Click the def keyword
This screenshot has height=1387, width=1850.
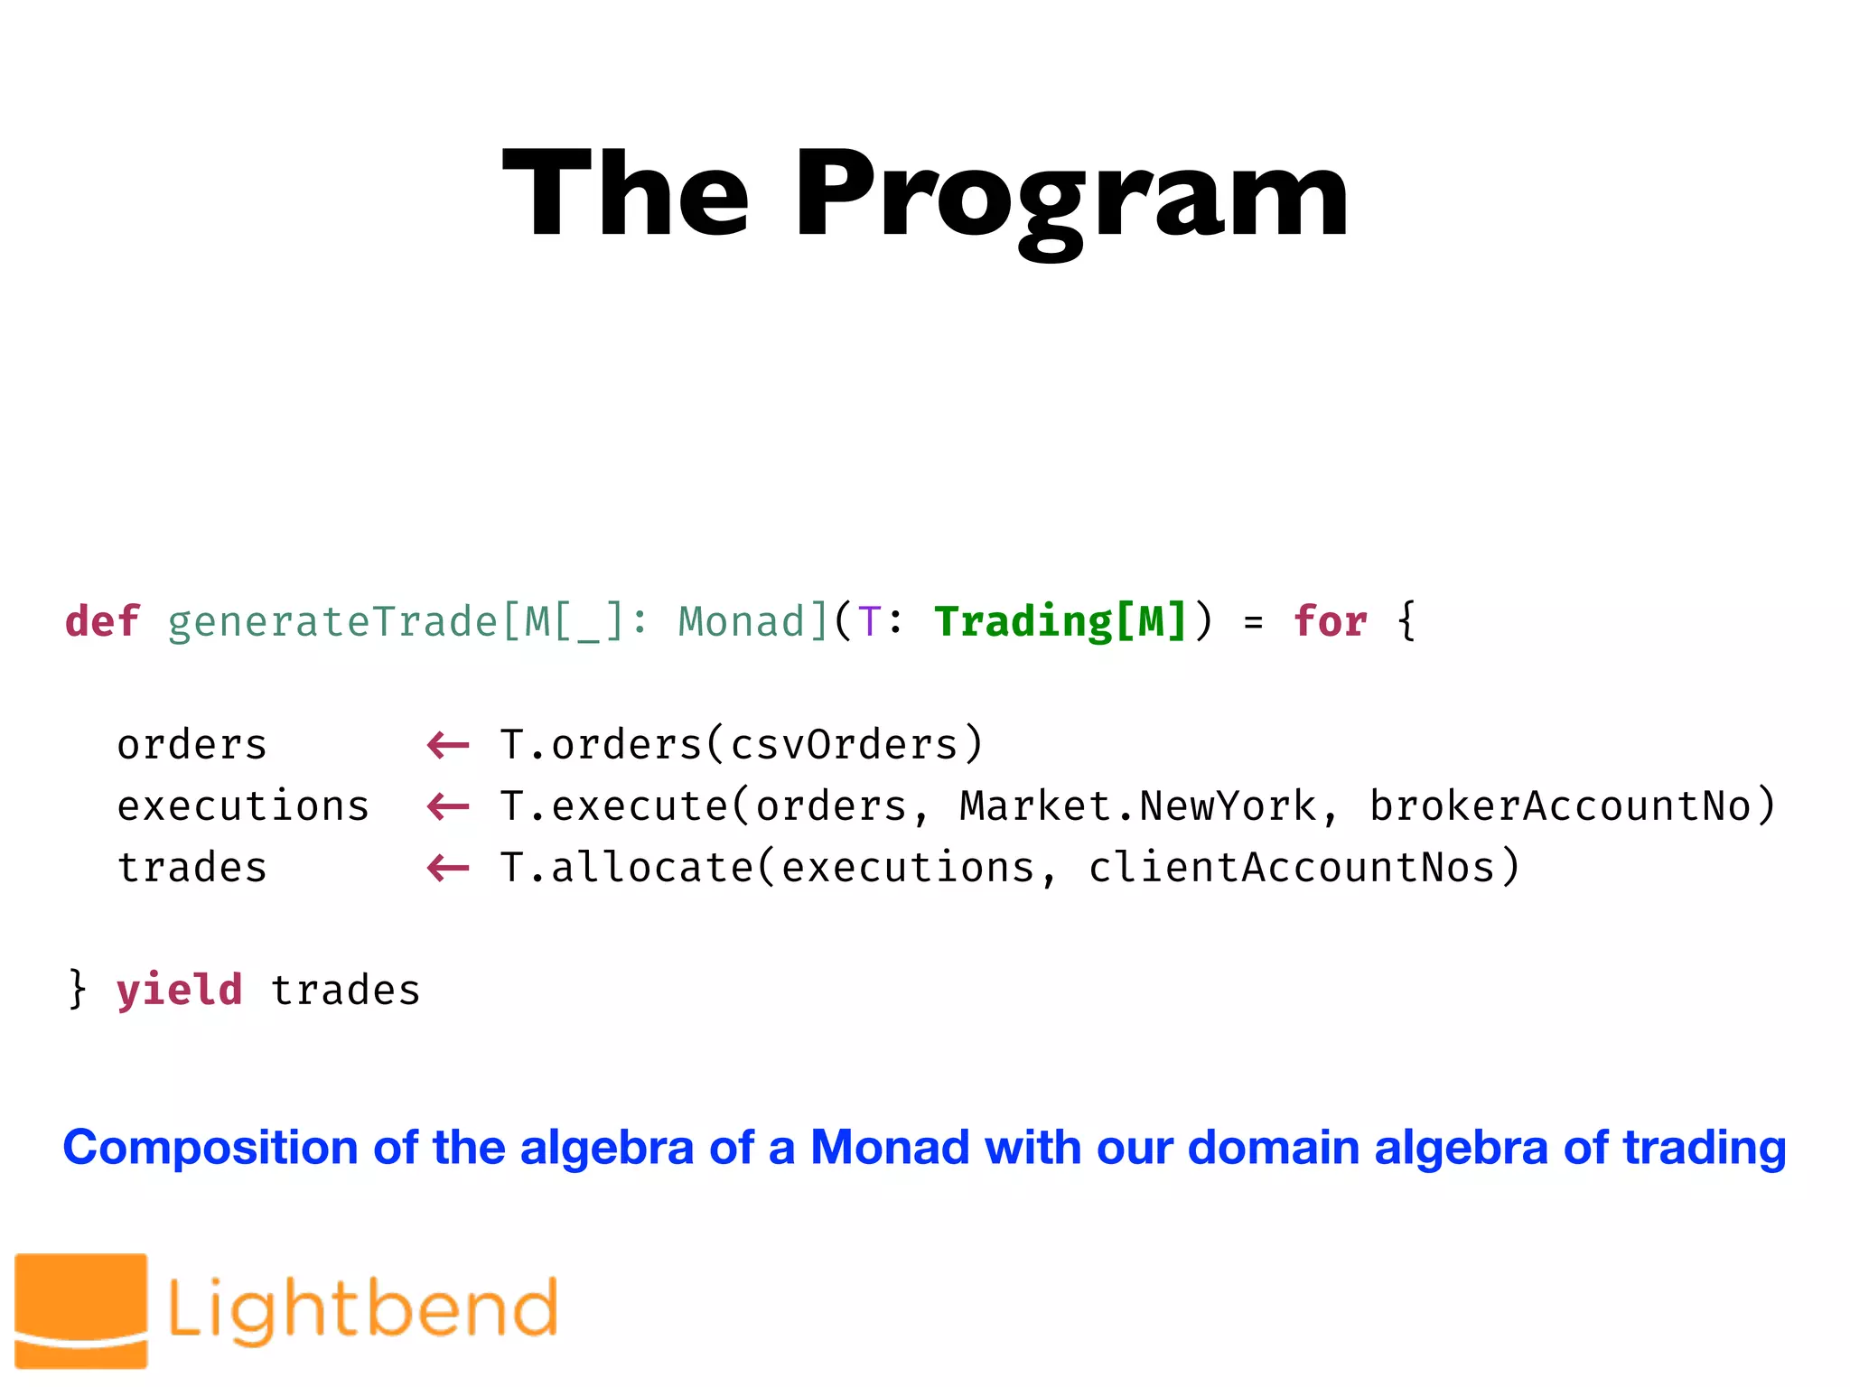pos(102,622)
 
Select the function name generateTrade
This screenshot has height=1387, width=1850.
pos(332,622)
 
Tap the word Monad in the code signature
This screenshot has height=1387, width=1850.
pos(741,622)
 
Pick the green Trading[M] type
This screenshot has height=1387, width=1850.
pos(1060,622)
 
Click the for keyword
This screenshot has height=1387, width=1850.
pos(1330,622)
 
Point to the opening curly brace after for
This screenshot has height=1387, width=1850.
pos(1406,622)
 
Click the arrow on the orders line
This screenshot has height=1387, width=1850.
pos(448,746)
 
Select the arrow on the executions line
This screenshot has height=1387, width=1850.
pos(448,806)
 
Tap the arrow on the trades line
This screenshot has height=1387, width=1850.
pos(448,869)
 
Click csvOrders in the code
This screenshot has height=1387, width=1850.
pos(844,746)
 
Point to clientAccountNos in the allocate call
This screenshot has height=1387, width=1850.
pos(1292,869)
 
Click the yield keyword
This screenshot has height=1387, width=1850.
pos(180,991)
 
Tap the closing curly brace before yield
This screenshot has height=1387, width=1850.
pos(78,989)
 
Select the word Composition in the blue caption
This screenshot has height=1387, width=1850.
pos(210,1149)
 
